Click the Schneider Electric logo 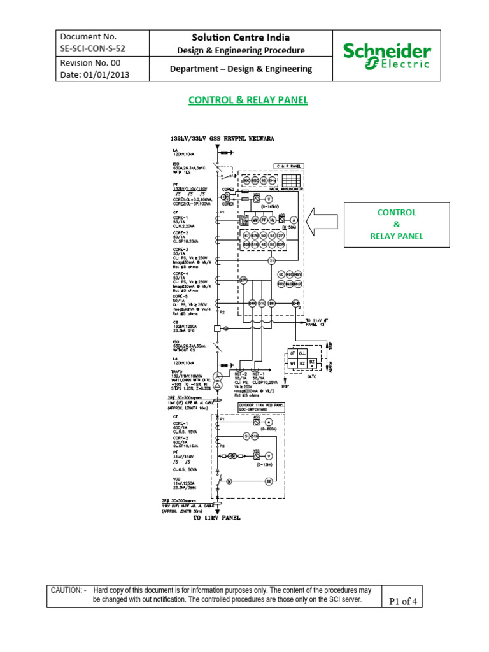(386, 57)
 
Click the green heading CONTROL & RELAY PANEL (248, 100)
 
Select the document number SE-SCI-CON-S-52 (90, 49)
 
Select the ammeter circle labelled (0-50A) (294, 220)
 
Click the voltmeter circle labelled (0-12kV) (269, 456)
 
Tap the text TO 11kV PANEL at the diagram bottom (216, 518)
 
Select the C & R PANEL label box (289, 166)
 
